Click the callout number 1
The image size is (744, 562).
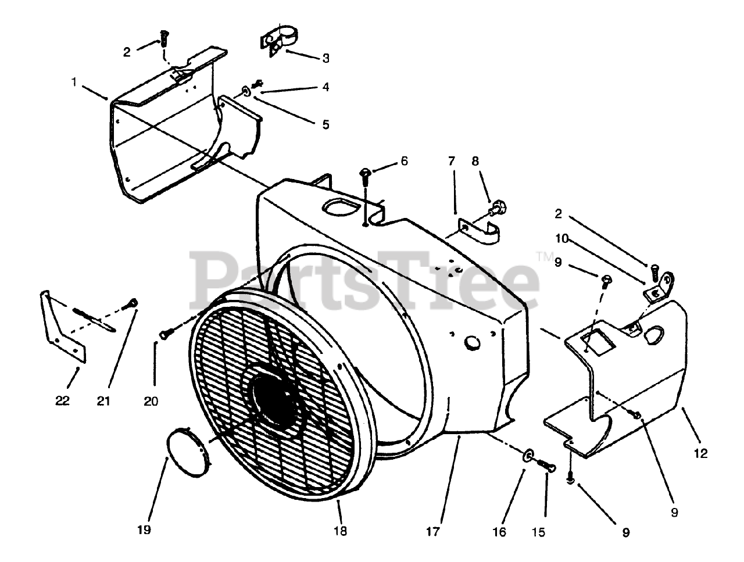(74, 82)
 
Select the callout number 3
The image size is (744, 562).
(325, 58)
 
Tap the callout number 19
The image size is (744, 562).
(144, 529)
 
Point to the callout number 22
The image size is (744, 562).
(63, 400)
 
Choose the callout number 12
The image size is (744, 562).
(701, 454)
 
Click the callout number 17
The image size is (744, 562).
(433, 531)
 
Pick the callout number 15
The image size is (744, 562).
(539, 531)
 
